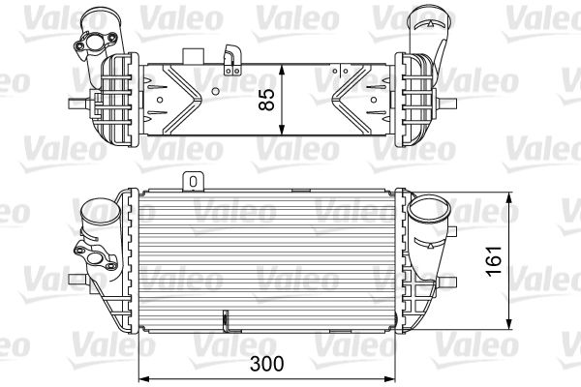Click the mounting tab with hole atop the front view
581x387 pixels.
click(193, 180)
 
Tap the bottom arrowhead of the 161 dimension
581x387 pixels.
click(510, 325)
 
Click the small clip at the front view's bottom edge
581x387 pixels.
click(225, 318)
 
